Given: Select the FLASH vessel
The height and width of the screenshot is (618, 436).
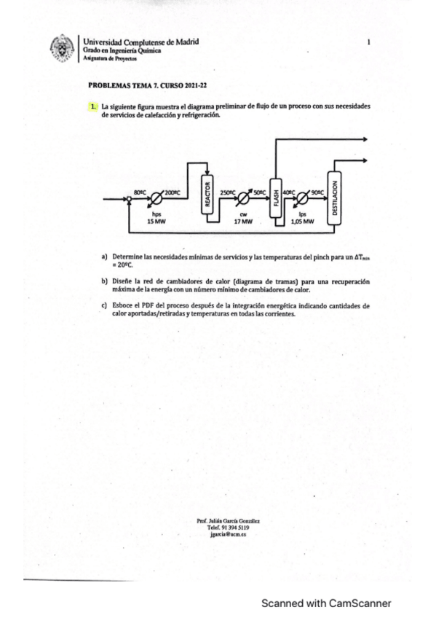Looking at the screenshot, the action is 276,196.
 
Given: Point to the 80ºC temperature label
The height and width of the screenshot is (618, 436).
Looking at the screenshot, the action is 141,192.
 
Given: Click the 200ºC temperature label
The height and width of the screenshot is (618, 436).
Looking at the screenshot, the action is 173,192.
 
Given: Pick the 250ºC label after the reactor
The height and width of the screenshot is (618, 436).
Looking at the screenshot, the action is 227,192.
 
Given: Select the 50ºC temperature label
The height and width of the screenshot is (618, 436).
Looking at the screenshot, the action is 259,192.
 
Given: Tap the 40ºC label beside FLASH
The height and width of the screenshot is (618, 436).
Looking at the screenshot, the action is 290,192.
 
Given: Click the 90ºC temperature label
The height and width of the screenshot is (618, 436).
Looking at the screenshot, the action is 317,192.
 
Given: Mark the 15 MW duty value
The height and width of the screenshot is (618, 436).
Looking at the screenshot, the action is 156,221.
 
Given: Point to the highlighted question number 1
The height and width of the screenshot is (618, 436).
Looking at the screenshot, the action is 93,106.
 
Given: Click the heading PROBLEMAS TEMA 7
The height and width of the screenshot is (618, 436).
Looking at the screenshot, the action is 124,85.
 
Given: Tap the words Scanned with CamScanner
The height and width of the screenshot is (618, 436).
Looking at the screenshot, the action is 326,603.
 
